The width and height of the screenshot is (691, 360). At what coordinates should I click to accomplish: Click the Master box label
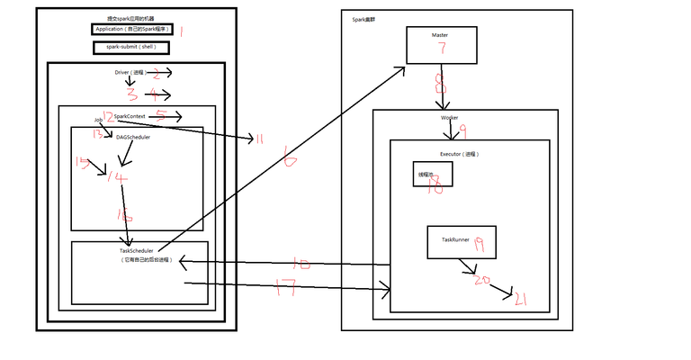coord(440,35)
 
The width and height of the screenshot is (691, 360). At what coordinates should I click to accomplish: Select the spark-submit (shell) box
coord(131,47)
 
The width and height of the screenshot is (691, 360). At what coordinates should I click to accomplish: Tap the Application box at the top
coord(131,29)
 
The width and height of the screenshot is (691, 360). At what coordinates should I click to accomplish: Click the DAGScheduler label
coord(133,137)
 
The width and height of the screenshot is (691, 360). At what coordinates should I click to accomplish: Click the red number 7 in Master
coord(442,48)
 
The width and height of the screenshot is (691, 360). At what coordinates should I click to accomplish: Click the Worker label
coord(449,118)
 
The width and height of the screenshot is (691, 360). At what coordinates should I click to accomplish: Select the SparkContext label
coord(130,116)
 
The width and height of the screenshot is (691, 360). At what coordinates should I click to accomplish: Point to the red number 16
coord(124,214)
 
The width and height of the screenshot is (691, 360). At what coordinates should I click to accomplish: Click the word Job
coord(98,119)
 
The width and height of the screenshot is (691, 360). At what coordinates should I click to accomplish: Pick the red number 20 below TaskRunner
coord(483,279)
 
